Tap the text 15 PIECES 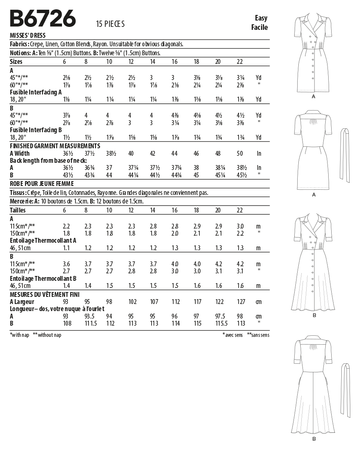coord(110,24)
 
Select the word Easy coord(261,18)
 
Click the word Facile coord(260,27)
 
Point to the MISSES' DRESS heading coord(28,35)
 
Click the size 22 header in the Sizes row coord(240,62)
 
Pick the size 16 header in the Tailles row coord(174,210)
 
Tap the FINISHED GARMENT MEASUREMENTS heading coord(55,146)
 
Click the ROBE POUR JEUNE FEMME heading coord(42,184)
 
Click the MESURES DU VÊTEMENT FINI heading coord(45,295)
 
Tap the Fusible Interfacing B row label coord(36,130)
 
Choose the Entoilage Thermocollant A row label coord(43,240)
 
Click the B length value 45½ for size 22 coord(240,175)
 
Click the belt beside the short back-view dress coord(345,155)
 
